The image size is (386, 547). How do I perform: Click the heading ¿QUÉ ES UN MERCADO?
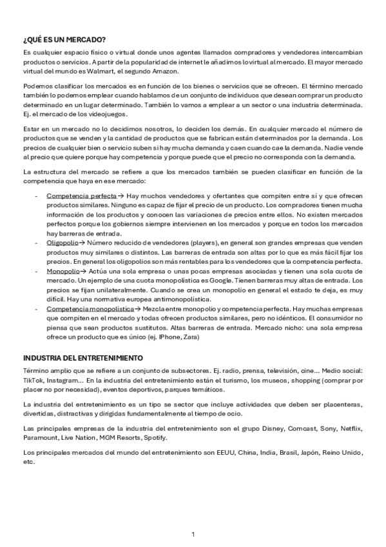(x=64, y=40)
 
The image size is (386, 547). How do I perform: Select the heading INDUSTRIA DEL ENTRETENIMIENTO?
(x=82, y=358)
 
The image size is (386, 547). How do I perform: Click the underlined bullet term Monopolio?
(x=62, y=272)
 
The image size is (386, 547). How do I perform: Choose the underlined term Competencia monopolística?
(x=89, y=310)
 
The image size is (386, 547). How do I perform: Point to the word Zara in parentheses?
(x=191, y=337)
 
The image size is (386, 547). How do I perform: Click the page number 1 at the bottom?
(x=193, y=534)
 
